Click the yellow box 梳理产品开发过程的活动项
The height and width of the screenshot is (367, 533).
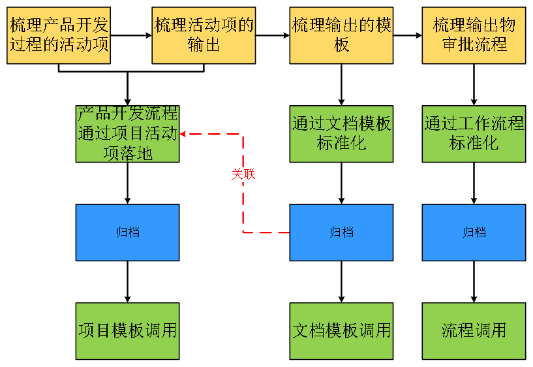coord(59,35)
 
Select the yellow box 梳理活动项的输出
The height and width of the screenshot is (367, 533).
coord(204,35)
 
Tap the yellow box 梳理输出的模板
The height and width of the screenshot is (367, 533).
coord(341,35)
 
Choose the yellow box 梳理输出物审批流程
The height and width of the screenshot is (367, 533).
coord(474,35)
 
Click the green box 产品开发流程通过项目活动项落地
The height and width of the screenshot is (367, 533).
coord(127,134)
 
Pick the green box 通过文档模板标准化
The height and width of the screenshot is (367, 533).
coord(341,134)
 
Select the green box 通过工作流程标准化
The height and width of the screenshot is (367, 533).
coord(474,134)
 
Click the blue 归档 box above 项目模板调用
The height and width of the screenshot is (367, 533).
coord(127,232)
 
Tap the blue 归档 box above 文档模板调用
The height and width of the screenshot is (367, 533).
coord(341,232)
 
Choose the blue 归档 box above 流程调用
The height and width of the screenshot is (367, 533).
coord(474,232)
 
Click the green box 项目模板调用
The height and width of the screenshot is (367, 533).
coord(127,330)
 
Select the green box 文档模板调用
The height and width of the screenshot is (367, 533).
coord(341,330)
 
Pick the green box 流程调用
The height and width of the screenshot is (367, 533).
coord(474,330)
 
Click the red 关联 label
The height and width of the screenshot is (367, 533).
coord(243,174)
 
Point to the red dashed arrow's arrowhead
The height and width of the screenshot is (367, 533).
coord(183,134)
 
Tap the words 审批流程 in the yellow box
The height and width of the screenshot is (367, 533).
coord(474,45)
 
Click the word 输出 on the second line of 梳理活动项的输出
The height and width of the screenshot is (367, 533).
coord(204,45)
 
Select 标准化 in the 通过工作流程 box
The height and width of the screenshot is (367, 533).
coord(474,144)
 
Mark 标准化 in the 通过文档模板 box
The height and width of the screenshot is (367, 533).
coord(341,144)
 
